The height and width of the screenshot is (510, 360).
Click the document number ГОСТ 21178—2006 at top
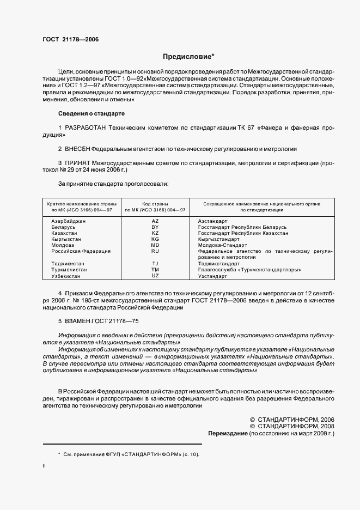(68, 39)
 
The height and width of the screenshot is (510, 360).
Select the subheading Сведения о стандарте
(91, 113)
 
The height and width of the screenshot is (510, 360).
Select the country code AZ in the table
(155, 221)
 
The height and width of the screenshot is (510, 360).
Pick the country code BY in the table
(155, 227)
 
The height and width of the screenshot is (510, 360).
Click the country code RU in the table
(155, 251)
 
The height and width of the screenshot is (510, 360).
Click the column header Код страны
(155, 203)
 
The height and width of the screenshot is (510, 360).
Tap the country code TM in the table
(155, 270)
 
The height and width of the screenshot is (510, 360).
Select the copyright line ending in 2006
(291, 419)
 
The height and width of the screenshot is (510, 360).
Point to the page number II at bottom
(44, 466)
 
